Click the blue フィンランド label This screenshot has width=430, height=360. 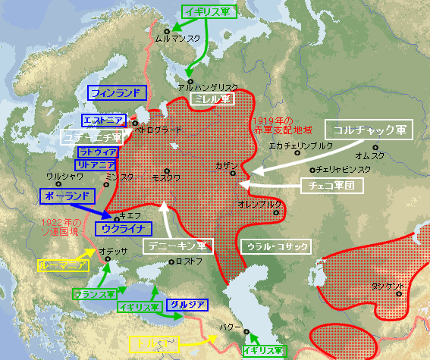116,93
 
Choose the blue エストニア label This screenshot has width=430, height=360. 103,121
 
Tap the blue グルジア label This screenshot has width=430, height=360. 187,304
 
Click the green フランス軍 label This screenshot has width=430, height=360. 94,293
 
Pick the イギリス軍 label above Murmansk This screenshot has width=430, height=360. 208,11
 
